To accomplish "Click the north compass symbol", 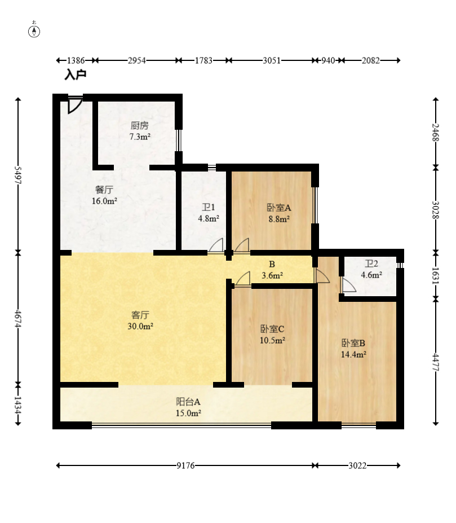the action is click(34, 30).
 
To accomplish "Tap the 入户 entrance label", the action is click(76, 74).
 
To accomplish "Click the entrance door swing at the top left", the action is click(75, 105).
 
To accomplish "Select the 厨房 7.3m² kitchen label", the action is click(140, 131).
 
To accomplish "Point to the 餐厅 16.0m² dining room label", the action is click(104, 195).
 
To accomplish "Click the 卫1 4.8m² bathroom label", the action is click(209, 213).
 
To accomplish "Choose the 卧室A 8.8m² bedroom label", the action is click(279, 213).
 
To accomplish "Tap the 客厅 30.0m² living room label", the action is click(140, 320).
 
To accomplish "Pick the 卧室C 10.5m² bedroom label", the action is click(272, 335).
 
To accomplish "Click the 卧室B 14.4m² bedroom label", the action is click(353, 349).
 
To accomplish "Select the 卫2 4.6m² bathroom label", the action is click(371, 269).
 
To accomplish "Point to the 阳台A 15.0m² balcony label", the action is click(188, 407).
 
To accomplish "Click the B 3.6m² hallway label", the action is click(272, 270).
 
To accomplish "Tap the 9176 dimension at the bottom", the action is click(185, 465).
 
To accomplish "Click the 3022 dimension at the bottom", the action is click(357, 465).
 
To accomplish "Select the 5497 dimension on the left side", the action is click(18, 175).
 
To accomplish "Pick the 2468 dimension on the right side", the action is click(436, 133).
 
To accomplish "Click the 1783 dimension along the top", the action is click(203, 60).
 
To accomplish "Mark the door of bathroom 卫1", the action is click(216, 245).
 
